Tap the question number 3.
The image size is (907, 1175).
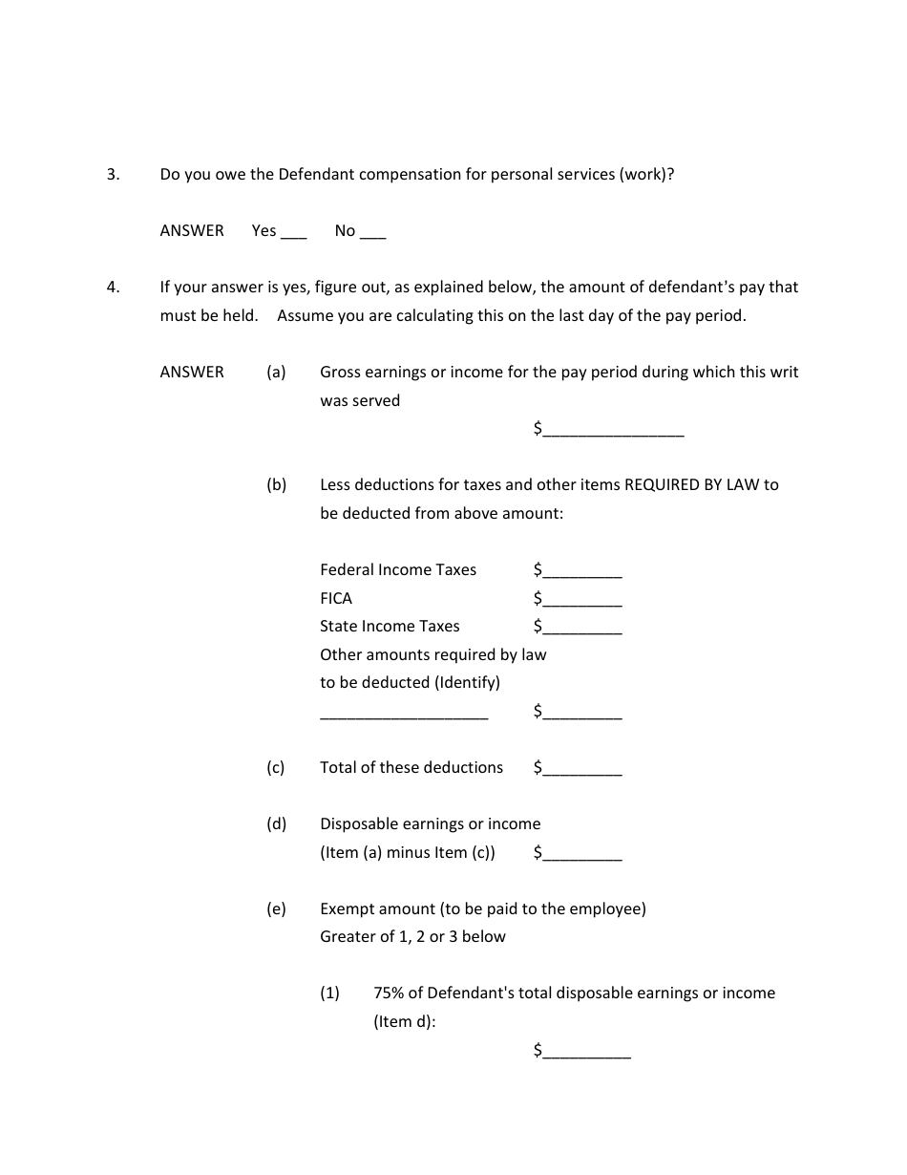113,175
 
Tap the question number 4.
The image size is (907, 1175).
113,287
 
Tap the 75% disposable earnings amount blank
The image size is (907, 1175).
587,1053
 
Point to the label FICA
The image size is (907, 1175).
336,599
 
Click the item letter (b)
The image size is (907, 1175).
276,485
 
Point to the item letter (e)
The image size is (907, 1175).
276,909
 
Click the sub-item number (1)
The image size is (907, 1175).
329,993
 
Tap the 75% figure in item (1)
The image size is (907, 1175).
390,993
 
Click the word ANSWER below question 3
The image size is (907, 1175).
192,231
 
